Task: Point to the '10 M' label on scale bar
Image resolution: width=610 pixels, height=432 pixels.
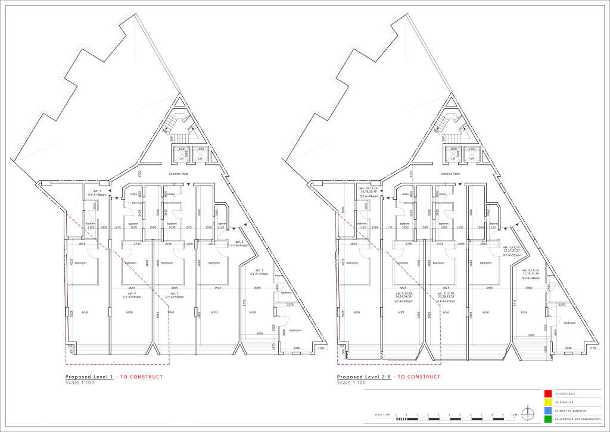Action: pyautogui.click(x=513, y=414)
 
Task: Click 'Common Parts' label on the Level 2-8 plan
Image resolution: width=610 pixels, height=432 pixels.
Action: pyautogui.click(x=450, y=174)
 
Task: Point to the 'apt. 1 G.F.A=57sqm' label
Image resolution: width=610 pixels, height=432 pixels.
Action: pyautogui.click(x=259, y=273)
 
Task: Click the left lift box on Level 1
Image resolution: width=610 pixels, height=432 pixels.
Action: pyautogui.click(x=182, y=154)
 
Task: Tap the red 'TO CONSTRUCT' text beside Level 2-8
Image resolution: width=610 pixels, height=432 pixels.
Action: pyautogui.click(x=419, y=377)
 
